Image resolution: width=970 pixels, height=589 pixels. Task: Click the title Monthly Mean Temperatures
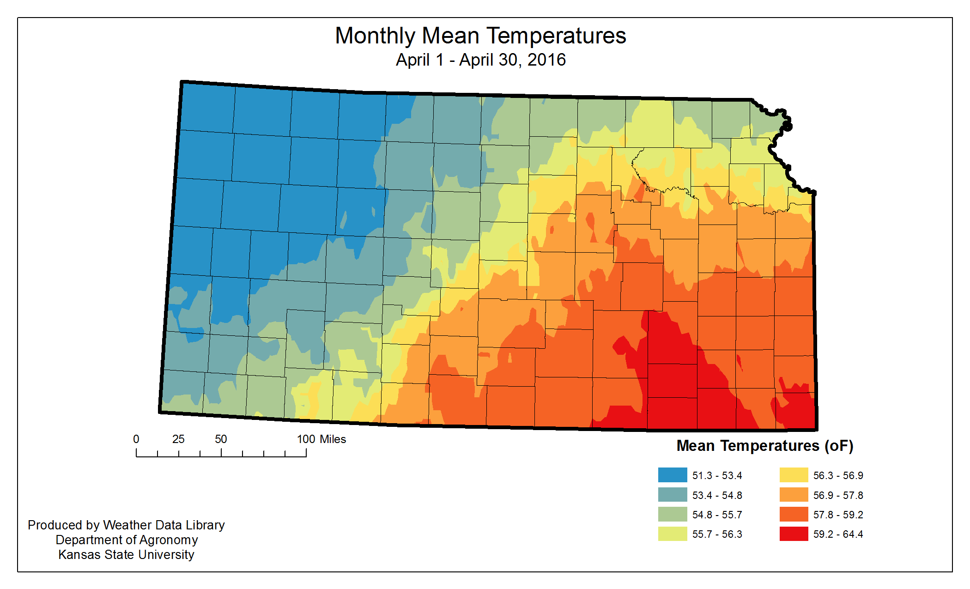480,36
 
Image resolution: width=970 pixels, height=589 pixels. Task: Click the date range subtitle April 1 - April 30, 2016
480,60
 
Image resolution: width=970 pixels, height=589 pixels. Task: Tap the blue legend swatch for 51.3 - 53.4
672,475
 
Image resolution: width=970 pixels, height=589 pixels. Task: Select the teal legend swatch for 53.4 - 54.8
672,495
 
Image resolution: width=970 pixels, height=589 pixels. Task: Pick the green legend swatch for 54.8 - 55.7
672,514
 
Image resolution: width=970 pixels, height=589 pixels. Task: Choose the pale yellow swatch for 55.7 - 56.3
672,534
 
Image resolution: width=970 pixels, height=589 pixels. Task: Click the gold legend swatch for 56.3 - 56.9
794,475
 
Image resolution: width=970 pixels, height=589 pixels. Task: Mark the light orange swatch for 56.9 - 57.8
794,495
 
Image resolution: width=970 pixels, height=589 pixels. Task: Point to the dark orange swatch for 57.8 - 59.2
794,514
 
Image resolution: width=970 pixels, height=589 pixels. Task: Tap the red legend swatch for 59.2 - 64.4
794,534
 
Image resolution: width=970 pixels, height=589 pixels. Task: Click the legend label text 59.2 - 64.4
838,534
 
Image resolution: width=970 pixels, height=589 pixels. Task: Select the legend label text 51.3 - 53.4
717,475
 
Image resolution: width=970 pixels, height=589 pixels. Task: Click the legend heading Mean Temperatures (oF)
764,446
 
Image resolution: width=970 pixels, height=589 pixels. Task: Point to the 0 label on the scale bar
136,439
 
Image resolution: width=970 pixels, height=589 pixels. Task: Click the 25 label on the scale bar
178,439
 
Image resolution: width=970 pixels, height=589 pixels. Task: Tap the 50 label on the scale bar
221,439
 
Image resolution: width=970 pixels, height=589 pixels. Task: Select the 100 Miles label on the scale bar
321,439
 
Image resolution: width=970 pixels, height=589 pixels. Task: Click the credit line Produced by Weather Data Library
126,525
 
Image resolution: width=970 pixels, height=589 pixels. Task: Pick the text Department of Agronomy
127,540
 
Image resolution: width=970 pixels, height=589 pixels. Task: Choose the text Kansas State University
126,554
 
